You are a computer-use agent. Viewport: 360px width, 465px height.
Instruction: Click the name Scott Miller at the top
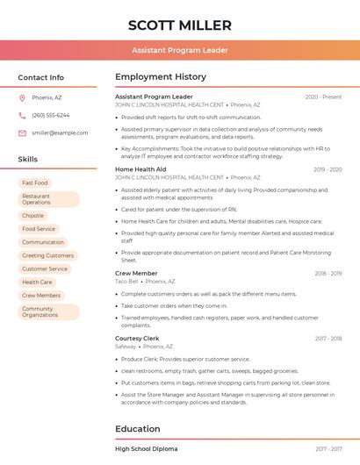coord(180,25)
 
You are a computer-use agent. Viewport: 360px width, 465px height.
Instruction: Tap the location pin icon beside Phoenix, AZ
coord(22,97)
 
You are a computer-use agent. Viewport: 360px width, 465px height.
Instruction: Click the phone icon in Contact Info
coord(22,115)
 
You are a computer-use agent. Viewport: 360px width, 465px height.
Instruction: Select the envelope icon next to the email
coord(22,132)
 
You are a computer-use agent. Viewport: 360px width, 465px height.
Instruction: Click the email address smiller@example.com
coord(60,132)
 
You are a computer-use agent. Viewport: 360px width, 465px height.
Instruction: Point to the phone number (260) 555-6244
coord(50,115)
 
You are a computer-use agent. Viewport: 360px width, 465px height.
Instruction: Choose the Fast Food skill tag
coord(35,182)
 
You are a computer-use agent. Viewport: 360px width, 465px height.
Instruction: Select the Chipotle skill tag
coord(32,215)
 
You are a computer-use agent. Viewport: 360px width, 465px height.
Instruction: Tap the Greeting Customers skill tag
coord(47,255)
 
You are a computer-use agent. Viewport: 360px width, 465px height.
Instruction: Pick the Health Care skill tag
coord(37,282)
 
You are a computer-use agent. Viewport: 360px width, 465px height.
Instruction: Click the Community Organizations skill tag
coord(40,311)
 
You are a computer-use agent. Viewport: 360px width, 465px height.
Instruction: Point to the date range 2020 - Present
coord(323,97)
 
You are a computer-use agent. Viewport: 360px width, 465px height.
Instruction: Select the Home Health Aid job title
coord(140,169)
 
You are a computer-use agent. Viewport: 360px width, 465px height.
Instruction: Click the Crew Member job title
coord(136,274)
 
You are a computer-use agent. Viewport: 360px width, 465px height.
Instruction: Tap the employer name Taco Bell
coord(126,282)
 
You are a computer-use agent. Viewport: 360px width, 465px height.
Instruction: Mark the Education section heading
coord(138,429)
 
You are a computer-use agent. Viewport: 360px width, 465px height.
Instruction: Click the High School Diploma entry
coord(147,448)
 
